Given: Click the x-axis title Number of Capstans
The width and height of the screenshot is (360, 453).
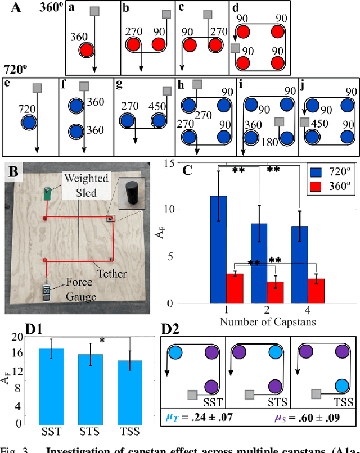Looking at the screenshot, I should pos(260,322).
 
